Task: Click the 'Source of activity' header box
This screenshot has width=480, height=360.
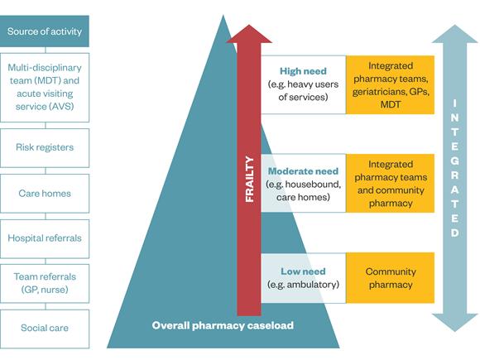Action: [45, 31]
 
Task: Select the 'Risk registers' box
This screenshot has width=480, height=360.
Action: [45, 148]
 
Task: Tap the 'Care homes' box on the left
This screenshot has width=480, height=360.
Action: [45, 194]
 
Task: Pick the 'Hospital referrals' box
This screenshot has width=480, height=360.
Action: [45, 238]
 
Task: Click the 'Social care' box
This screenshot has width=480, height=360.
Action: [45, 329]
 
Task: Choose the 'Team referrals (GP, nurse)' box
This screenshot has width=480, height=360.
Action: [45, 284]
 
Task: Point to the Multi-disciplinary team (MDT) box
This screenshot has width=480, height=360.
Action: [45, 88]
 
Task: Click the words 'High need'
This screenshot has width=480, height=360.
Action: [303, 71]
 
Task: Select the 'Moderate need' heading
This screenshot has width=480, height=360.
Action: [303, 171]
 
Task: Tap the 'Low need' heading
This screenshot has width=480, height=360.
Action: [303, 271]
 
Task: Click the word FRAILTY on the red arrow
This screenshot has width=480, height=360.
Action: [249, 179]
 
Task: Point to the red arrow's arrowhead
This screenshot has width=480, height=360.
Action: [249, 34]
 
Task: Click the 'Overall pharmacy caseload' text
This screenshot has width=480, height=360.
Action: [223, 325]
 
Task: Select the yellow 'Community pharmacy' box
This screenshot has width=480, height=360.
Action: [391, 278]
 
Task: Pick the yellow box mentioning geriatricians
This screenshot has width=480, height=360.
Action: [391, 84]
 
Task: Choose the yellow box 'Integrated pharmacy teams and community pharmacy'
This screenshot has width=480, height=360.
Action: [391, 183]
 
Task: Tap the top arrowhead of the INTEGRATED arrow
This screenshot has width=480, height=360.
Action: [455, 34]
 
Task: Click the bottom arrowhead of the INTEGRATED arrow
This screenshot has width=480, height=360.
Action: [455, 323]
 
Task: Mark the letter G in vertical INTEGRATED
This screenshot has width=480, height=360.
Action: [455, 161]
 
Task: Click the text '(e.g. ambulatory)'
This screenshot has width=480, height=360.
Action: [303, 285]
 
